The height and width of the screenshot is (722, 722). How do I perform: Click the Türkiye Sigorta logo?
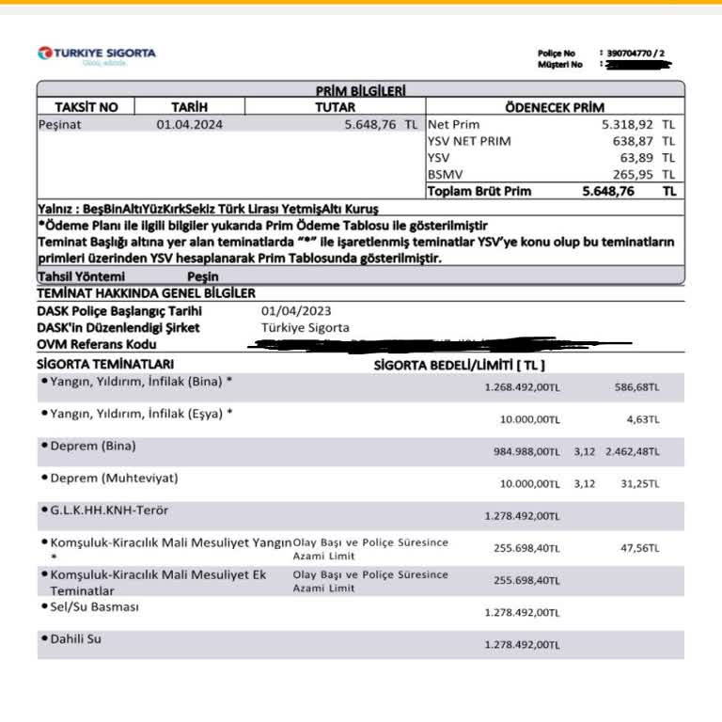pos(96,55)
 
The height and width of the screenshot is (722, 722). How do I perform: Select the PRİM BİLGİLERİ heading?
pos(360,90)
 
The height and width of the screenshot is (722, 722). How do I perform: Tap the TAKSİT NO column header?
pos(86,107)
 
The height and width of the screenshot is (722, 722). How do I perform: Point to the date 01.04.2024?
pos(190,124)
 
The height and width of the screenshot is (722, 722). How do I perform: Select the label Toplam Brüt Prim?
pos(479,191)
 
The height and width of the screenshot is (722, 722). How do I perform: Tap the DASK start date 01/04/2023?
pos(296,311)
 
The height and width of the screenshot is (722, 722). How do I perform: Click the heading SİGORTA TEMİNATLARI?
pos(105,364)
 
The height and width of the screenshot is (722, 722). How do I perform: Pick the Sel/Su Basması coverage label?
pos(94,606)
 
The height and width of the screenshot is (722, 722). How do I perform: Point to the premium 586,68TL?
pos(639,386)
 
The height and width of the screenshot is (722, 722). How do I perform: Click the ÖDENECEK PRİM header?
pos(555,107)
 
